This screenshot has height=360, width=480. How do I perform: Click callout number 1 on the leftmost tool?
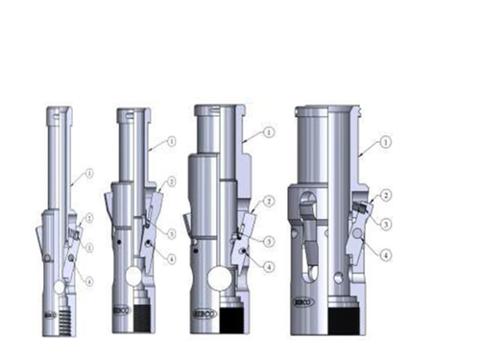(89, 174)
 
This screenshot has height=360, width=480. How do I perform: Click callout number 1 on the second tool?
(173, 140)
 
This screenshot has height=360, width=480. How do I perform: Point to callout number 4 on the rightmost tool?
(385, 255)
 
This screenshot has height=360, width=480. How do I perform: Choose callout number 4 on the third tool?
(269, 266)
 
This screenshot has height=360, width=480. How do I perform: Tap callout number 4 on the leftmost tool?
(89, 281)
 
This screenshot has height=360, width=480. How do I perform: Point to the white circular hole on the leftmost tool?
(60, 287)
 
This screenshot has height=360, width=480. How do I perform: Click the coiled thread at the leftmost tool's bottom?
(63, 318)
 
